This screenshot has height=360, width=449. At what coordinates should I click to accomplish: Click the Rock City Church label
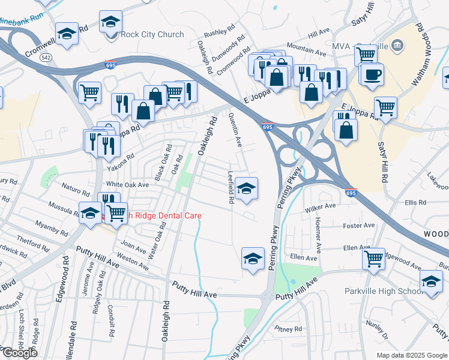coord(152,34)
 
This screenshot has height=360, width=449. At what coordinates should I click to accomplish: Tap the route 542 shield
coord(46,58)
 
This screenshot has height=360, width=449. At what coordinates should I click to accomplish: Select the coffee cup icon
coord(373,74)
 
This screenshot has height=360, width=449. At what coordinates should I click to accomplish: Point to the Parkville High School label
coord(384,292)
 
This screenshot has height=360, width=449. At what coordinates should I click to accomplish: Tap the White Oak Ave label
coord(127,185)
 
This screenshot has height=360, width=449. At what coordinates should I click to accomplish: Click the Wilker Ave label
coord(320,206)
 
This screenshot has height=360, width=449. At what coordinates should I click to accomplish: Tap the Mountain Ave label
coord(302,46)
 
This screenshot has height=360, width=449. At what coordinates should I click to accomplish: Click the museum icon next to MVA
coord(397,46)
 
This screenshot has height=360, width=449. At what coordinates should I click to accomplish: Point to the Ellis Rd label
coord(415,203)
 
